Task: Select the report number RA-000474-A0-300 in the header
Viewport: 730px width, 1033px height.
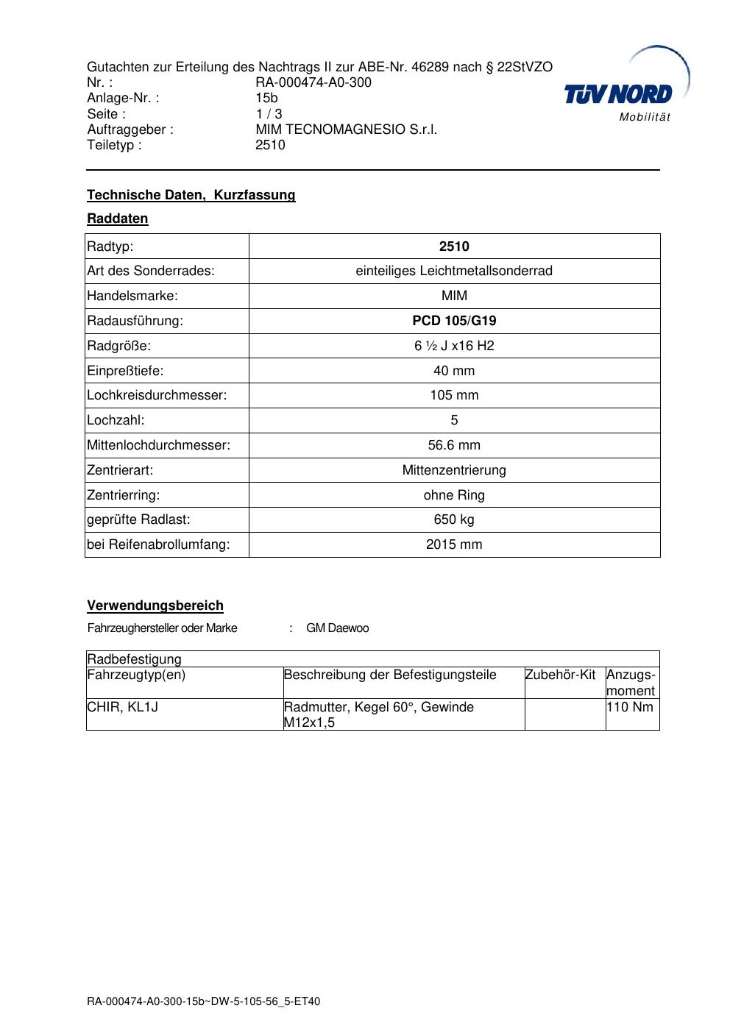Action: click(x=313, y=82)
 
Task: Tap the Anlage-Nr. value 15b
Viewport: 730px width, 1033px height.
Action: click(x=266, y=98)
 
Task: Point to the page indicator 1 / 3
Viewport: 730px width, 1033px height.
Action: click(x=269, y=114)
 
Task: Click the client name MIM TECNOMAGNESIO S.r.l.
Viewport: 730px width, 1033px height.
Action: click(x=346, y=129)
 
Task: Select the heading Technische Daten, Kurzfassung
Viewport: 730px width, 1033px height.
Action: click(x=191, y=195)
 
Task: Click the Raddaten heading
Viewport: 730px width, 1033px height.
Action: click(x=118, y=219)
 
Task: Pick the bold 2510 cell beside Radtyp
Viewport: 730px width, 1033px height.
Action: click(x=454, y=246)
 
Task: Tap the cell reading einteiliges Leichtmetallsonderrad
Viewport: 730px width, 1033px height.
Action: click(x=454, y=271)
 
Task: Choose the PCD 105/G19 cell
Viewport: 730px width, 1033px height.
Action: click(x=454, y=321)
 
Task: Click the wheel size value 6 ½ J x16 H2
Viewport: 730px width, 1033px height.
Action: click(x=454, y=346)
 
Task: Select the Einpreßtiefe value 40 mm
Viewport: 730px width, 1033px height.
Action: click(x=454, y=371)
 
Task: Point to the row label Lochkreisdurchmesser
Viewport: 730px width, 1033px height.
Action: click(x=157, y=395)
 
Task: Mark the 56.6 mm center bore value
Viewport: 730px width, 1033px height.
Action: click(x=454, y=445)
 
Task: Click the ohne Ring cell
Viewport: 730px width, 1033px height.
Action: click(x=454, y=495)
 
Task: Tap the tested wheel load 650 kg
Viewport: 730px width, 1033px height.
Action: click(x=454, y=519)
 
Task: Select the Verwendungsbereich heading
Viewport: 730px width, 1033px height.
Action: click(x=155, y=606)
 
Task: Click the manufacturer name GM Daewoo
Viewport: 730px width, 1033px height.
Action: click(x=337, y=628)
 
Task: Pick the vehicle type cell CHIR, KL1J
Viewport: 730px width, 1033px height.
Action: click(x=123, y=707)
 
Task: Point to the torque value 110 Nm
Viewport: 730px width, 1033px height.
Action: click(x=630, y=707)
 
